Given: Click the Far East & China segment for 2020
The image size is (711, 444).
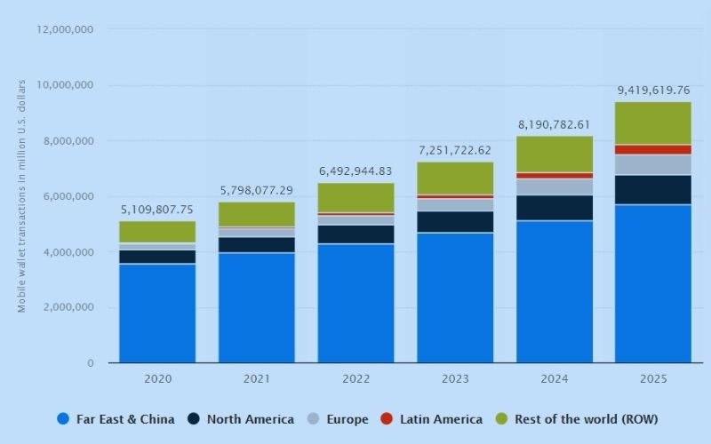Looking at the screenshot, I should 157,313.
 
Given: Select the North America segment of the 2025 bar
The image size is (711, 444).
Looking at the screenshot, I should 653,189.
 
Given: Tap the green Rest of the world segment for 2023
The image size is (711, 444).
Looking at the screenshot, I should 455,178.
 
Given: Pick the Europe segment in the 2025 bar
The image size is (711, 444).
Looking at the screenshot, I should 653,164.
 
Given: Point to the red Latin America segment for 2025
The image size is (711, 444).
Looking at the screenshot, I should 653,149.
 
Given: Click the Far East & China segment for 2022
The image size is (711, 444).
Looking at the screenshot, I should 355,303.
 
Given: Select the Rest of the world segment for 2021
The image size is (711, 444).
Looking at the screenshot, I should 256,214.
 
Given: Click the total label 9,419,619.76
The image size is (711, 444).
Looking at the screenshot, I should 653,90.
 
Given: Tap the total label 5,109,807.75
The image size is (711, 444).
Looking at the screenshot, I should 157,210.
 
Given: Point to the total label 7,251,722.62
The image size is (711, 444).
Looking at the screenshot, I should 455,150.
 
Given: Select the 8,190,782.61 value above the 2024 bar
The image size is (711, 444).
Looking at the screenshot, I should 554,124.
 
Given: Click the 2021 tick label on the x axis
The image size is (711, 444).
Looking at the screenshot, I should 256,378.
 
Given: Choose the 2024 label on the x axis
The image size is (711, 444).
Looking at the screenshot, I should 554,378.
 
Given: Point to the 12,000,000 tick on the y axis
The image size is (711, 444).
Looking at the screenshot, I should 66,29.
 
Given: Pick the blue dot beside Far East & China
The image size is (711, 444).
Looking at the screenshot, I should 62,419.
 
